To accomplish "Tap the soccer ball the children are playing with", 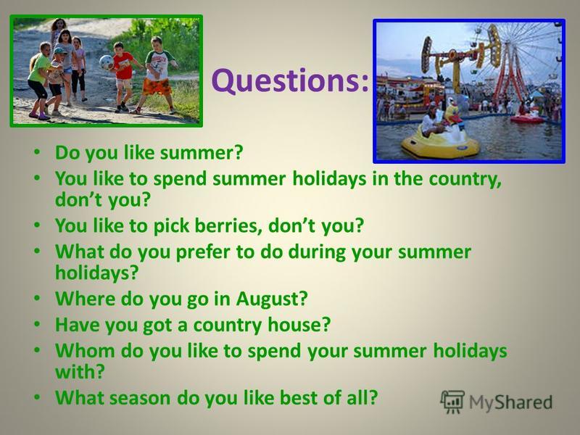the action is [106, 62].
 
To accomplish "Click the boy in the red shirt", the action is [123, 77].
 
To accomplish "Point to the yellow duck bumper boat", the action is [441, 134].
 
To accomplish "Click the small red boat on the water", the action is [527, 119].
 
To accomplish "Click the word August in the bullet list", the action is [271, 299].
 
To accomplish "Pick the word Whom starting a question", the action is [85, 350].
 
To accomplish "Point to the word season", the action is [140, 398].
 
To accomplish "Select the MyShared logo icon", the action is [452, 402].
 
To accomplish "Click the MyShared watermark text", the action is [510, 402].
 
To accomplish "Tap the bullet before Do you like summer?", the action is [37, 152].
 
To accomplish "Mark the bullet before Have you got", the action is [37, 324].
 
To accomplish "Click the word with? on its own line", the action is [80, 371].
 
